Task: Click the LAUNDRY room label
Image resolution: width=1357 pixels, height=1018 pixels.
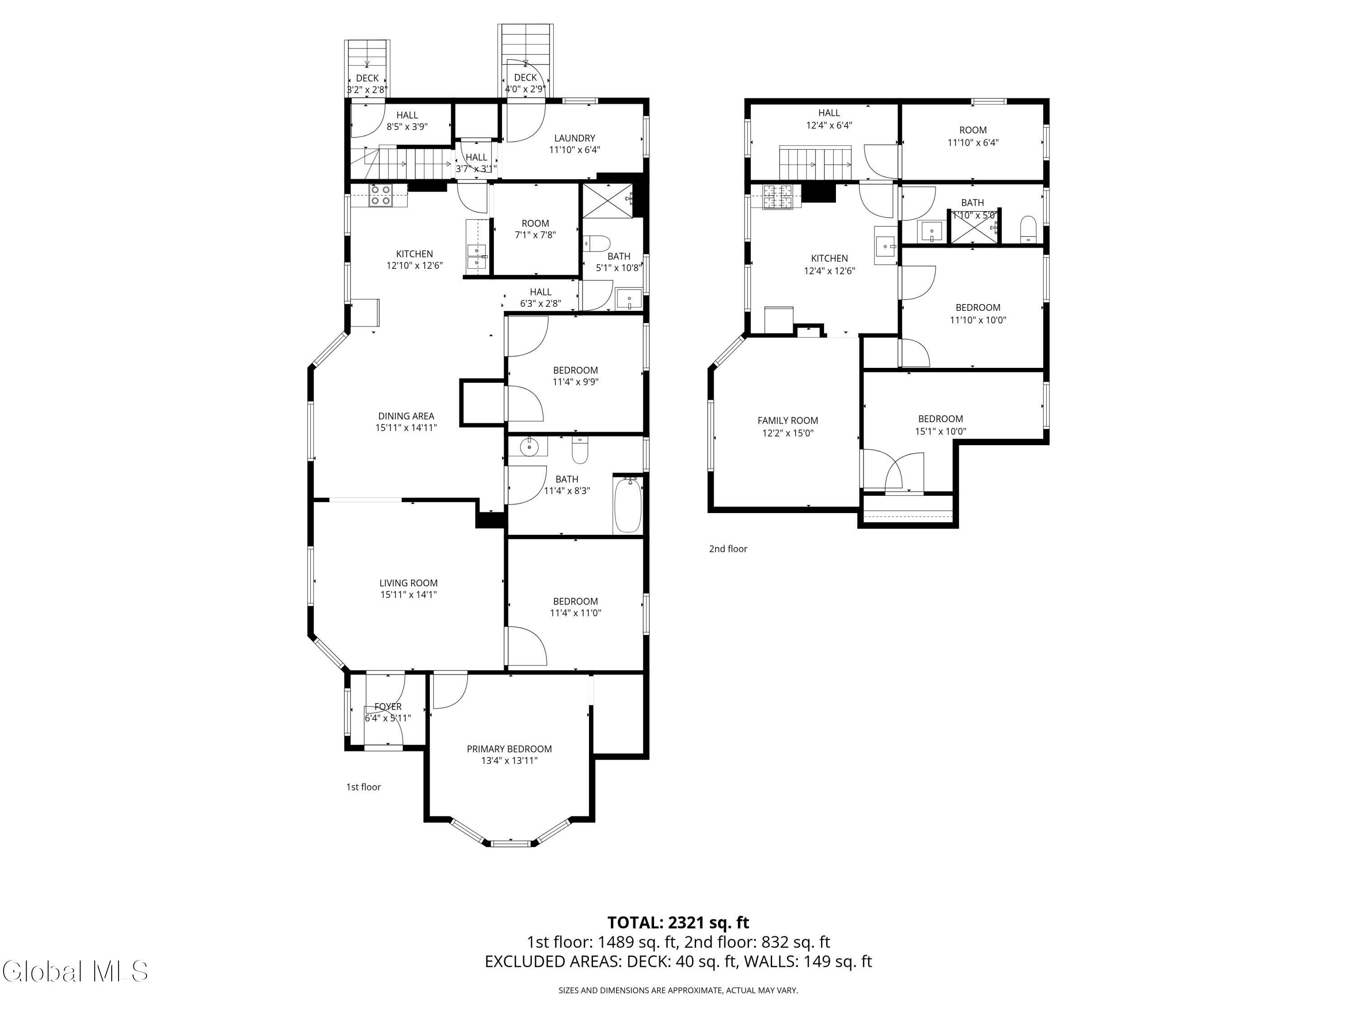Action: (x=575, y=138)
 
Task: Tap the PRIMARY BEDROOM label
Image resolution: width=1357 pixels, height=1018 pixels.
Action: (x=509, y=749)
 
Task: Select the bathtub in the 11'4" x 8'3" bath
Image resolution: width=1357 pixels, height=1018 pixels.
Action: (x=627, y=504)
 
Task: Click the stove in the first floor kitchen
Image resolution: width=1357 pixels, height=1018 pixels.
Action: (x=380, y=195)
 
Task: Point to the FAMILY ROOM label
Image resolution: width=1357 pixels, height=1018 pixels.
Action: (x=788, y=420)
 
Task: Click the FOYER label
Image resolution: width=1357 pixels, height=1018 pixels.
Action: (x=388, y=707)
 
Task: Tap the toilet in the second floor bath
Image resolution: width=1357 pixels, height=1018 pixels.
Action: (x=1028, y=229)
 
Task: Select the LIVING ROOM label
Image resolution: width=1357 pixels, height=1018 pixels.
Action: (x=408, y=583)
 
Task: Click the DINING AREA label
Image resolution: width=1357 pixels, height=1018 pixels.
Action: (x=406, y=416)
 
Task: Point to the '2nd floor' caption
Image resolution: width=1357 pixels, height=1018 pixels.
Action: (x=728, y=548)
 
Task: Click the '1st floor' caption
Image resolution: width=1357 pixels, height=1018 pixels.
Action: (x=363, y=787)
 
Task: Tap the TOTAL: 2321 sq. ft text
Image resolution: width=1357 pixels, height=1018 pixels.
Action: (x=678, y=922)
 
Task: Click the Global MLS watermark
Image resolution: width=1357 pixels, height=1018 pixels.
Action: (x=75, y=971)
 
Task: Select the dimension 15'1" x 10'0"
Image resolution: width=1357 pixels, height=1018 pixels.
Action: (x=940, y=431)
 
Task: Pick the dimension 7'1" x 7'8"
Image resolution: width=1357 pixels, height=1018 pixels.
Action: (x=536, y=234)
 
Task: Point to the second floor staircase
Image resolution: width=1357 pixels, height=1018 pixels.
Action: (x=815, y=164)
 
